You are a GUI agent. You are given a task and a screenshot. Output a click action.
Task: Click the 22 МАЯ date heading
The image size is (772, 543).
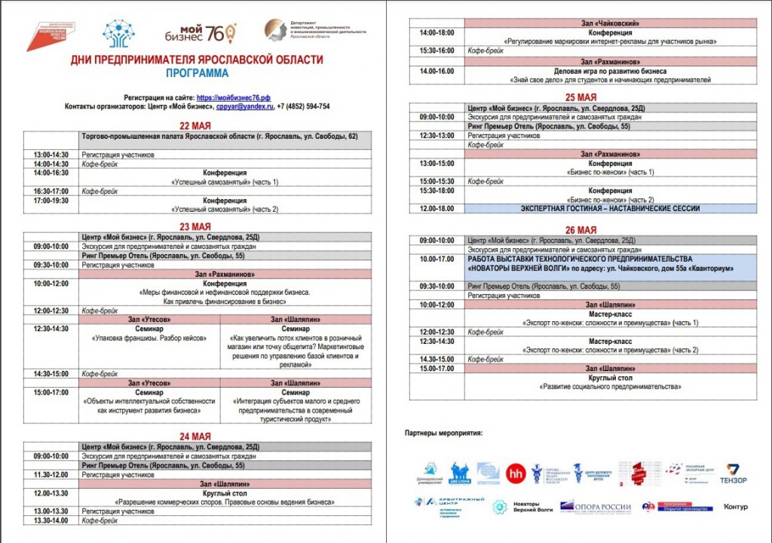pos(195,126)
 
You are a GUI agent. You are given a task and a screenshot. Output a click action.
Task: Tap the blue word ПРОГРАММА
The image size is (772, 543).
pos(198,74)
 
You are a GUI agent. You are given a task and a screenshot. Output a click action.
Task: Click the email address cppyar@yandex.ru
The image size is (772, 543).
pos(244,106)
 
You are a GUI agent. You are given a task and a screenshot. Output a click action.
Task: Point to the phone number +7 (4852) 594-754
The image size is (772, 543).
pos(303,106)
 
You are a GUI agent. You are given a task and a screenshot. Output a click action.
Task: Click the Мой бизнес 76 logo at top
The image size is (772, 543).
pos(200,32)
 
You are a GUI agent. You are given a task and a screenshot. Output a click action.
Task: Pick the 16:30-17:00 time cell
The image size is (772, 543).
pos(51,192)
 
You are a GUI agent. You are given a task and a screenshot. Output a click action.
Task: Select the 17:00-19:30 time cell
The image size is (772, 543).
pos(51,201)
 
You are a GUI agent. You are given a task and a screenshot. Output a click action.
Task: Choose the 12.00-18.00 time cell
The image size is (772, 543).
pos(437,208)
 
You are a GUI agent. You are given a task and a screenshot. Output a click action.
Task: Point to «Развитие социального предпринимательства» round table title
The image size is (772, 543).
pos(610,387)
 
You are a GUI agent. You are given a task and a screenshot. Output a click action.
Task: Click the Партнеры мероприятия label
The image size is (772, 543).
pos(443,433)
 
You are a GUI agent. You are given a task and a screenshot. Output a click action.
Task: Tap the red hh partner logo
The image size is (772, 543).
pos(516,471)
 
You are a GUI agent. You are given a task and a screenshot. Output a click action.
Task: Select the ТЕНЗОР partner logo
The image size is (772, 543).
pos(731,473)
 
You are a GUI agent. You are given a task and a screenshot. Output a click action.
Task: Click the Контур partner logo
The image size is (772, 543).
pos(735,507)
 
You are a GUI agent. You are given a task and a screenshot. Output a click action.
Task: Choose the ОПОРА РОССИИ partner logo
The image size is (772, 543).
pos(596,507)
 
